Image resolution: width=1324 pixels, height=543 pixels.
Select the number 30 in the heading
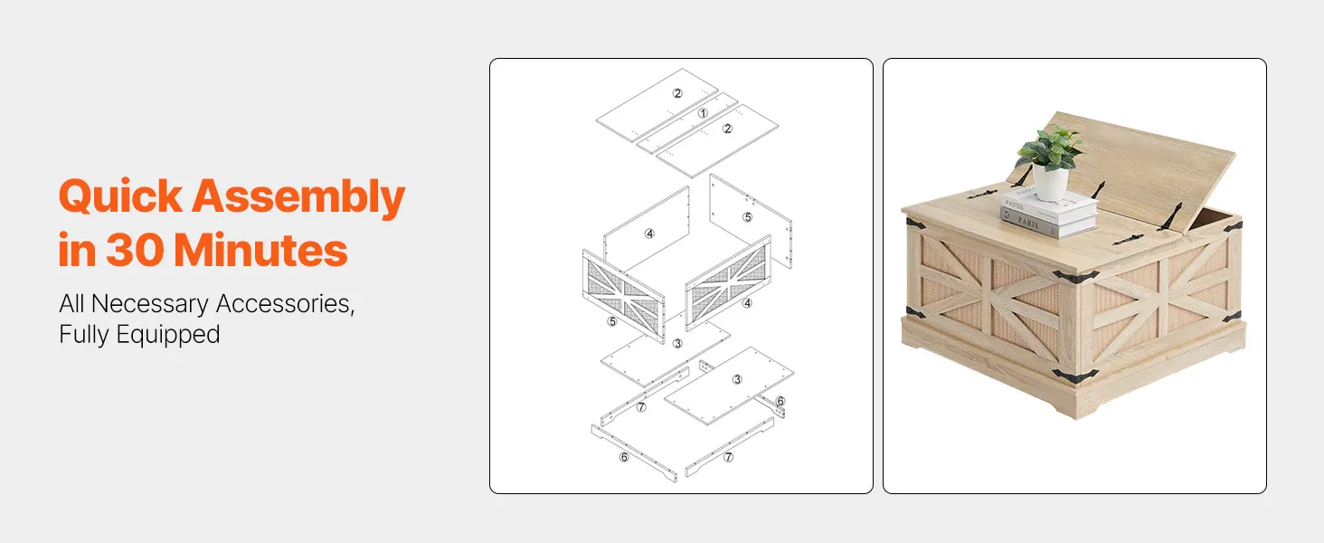(x=134, y=250)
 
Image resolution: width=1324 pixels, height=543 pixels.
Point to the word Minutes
(x=260, y=250)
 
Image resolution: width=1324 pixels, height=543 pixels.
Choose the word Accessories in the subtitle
(x=285, y=304)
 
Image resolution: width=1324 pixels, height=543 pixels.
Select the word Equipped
(x=168, y=335)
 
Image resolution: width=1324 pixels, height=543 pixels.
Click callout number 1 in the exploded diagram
(x=703, y=113)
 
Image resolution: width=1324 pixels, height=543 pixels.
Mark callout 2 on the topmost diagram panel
(x=677, y=93)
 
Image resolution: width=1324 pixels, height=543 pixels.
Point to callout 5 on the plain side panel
(x=748, y=217)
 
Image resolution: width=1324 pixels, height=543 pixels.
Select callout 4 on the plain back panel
(x=649, y=233)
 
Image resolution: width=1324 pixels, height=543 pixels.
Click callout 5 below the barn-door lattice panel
(x=612, y=321)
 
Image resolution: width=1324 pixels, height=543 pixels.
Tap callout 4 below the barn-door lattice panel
(x=748, y=303)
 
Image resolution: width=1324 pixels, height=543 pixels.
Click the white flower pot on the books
(x=1050, y=181)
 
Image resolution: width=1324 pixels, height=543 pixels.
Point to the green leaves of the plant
(x=1050, y=148)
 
